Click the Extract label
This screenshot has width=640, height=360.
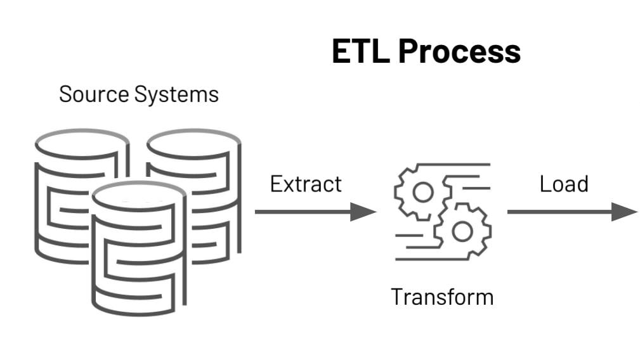[x=306, y=184]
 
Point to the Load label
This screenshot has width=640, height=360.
[x=564, y=184]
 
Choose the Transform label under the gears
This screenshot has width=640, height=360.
[x=441, y=296]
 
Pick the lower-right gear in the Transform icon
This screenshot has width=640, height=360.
[x=462, y=232]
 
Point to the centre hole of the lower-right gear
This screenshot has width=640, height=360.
[x=462, y=232]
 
